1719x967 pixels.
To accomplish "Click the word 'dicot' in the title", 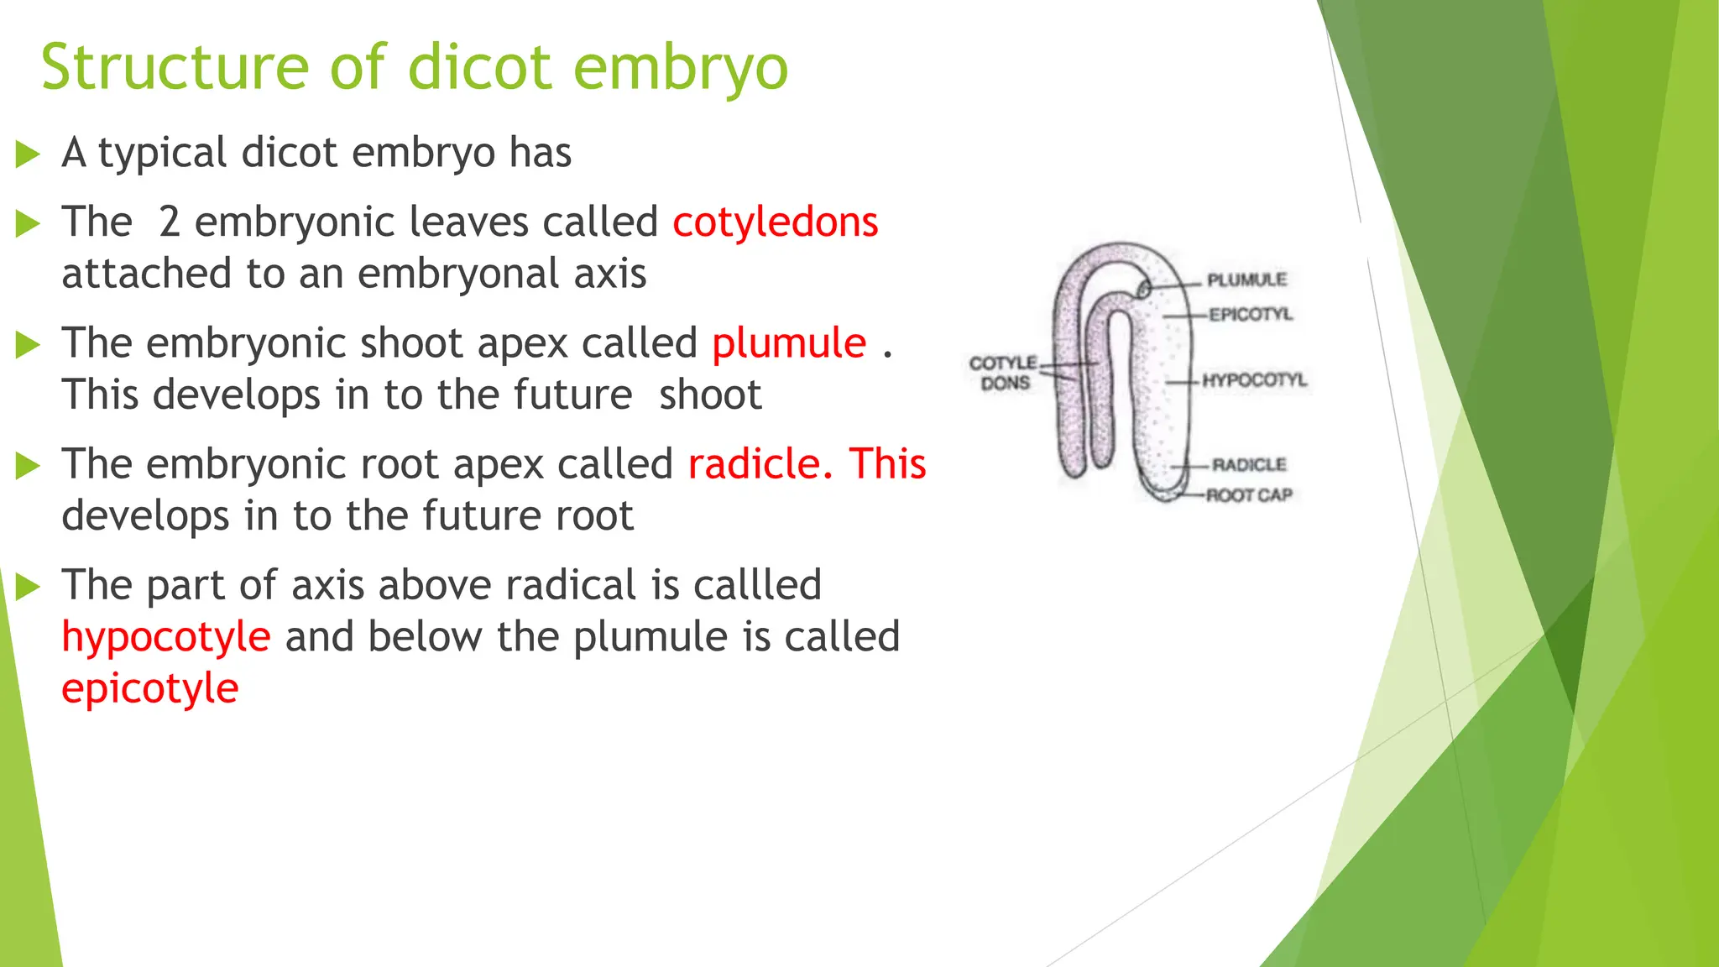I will pyautogui.click(x=479, y=67).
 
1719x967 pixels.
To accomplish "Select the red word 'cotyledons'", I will pyautogui.click(x=775, y=222).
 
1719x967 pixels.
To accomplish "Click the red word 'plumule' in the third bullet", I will pyautogui.click(x=789, y=343).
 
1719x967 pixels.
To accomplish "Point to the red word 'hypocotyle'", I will pyautogui.click(x=166, y=637).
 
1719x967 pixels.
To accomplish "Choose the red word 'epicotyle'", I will pyautogui.click(x=150, y=689).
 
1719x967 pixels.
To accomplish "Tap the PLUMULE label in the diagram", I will pyautogui.click(x=1246, y=280).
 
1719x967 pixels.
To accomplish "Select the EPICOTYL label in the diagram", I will pyautogui.click(x=1251, y=315).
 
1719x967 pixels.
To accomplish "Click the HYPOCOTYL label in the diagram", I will pyautogui.click(x=1255, y=380).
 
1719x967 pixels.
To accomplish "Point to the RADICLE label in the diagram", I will pyautogui.click(x=1249, y=464).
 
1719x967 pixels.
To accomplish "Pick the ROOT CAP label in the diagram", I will pyautogui.click(x=1249, y=495).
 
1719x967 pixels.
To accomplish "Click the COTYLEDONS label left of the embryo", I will pyautogui.click(x=1004, y=373).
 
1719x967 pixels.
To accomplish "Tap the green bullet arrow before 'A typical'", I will pyautogui.click(x=28, y=154).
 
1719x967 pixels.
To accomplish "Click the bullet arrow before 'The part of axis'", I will pyautogui.click(x=28, y=587).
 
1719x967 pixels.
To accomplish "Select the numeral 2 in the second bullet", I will pyautogui.click(x=170, y=222).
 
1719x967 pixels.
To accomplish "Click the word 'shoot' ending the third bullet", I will pyautogui.click(x=710, y=395).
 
